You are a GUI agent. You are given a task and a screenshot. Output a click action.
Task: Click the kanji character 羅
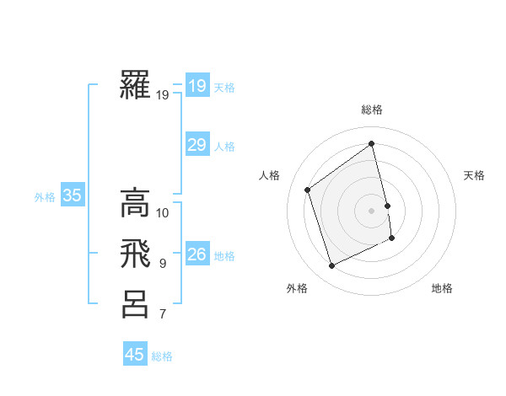135,85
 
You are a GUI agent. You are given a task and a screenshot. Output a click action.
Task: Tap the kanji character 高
135,202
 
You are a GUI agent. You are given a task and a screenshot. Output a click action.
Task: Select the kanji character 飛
135,253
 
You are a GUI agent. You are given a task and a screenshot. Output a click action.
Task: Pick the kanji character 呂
135,303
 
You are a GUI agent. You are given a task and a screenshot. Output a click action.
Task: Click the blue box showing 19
196,86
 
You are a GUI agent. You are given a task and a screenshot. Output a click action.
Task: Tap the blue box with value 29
196,145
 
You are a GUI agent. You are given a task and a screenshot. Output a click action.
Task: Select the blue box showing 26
196,254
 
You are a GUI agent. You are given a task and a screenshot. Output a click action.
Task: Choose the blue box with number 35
72,196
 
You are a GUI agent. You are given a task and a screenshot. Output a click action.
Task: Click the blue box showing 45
135,355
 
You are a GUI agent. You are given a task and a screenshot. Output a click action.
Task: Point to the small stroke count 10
163,212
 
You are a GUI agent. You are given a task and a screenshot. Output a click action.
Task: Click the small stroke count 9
163,264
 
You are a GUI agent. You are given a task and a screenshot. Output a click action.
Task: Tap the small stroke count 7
163,315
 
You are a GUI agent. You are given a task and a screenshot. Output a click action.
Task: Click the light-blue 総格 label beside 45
162,356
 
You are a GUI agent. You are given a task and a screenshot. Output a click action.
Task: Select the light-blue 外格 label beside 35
45,197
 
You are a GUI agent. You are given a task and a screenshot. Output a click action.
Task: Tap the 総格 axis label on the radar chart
372,110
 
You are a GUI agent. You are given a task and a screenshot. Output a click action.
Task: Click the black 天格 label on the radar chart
474,175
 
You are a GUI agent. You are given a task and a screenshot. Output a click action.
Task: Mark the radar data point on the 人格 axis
307,190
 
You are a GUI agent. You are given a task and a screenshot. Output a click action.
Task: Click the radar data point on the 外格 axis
331,266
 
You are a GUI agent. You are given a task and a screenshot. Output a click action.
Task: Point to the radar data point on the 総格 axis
372,143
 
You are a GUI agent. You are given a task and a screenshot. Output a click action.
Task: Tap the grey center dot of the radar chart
372,210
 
